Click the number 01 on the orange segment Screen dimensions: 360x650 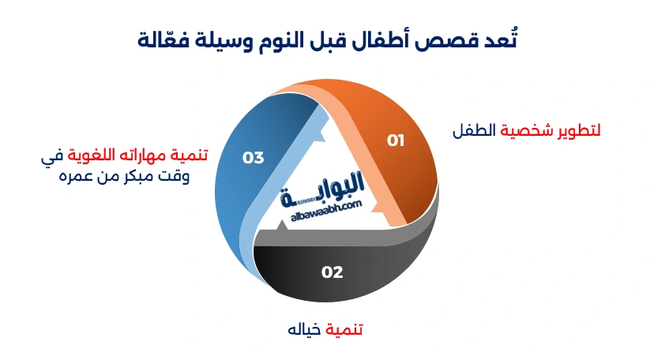[x=395, y=141]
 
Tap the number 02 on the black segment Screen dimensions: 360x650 [x=332, y=272]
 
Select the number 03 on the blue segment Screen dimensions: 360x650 [x=253, y=158]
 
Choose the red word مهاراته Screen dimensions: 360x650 [x=150, y=156]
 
